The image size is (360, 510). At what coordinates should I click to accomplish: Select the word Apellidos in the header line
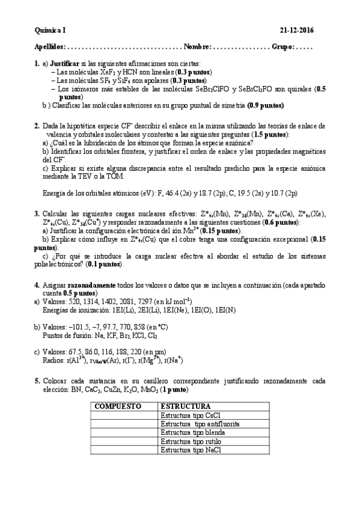pos(49,46)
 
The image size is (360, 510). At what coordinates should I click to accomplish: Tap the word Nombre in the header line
pos(197,46)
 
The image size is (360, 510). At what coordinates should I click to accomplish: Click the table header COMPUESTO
pos(118,407)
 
